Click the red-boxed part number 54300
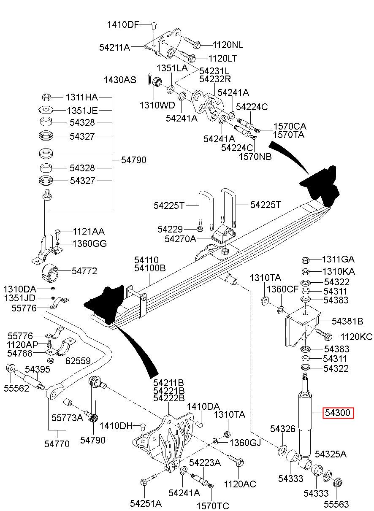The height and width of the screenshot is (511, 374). click(x=338, y=413)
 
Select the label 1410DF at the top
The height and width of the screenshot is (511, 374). click(x=122, y=24)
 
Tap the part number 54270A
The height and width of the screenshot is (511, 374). click(x=180, y=239)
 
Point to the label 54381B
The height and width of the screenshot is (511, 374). click(x=347, y=321)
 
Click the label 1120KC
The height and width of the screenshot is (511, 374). click(x=356, y=337)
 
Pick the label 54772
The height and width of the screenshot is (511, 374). click(x=84, y=271)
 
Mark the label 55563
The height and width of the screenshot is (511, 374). click(x=336, y=504)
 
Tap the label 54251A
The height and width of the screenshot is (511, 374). click(x=146, y=503)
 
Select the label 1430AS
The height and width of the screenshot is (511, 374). click(x=120, y=80)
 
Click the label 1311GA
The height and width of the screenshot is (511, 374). click(x=338, y=259)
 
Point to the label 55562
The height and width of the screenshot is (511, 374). click(x=17, y=388)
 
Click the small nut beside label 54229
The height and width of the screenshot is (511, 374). click(x=200, y=229)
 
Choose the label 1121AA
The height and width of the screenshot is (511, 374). click(x=89, y=231)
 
